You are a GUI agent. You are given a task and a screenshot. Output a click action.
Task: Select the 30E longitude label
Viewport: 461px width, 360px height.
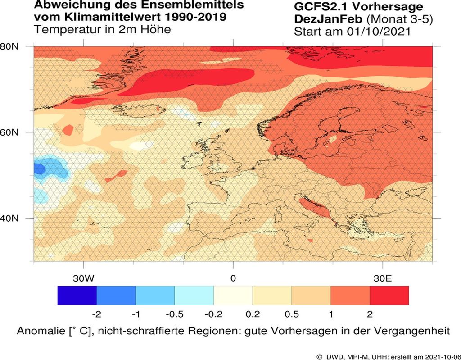382,278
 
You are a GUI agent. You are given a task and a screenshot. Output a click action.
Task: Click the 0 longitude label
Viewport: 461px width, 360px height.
233,278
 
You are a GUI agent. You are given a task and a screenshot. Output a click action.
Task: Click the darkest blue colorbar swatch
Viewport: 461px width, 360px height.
77,295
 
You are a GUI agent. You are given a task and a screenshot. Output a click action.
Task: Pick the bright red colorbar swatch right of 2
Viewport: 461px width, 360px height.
389,295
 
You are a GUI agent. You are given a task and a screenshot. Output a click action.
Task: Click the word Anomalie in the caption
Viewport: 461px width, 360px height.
42,331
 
